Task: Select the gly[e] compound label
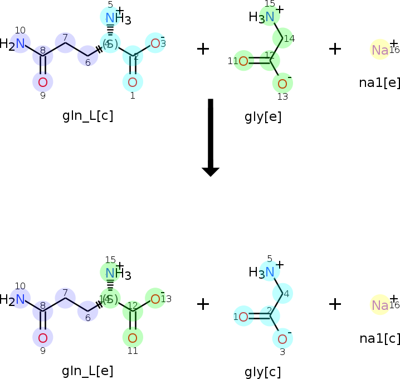click(x=263, y=116)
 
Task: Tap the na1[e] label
click(x=380, y=82)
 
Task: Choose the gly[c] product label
click(x=263, y=372)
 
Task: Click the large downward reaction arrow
click(x=210, y=137)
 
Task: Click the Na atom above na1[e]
click(x=380, y=50)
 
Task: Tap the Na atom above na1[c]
click(x=380, y=305)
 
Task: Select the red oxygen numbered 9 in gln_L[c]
click(x=43, y=82)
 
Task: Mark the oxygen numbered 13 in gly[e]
click(x=282, y=84)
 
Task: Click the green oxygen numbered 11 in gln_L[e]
click(x=133, y=338)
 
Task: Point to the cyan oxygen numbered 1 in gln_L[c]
click(x=133, y=82)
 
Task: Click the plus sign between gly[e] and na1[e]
click(x=335, y=49)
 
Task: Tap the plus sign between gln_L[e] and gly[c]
click(x=203, y=304)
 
